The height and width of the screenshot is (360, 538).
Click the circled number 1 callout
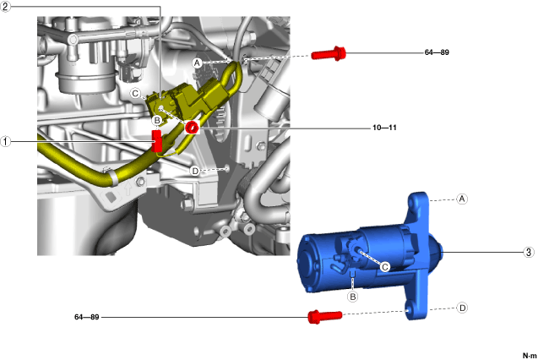coord(7,142)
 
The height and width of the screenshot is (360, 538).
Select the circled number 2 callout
coord(7,7)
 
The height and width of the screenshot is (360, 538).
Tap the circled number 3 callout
coord(529,252)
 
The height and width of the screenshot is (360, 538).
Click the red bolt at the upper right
coord(330,55)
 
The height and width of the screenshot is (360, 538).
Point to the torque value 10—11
coord(384,128)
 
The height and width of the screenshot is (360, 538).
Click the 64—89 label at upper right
coord(436,52)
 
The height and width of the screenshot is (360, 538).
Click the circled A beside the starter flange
coord(461,199)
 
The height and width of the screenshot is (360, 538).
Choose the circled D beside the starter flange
coord(462,308)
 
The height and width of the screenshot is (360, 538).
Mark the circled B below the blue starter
coord(354,297)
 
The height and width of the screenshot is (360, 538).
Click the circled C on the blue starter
coord(384,266)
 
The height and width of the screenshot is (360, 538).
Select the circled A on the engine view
coord(197,63)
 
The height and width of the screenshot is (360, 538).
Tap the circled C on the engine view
coord(136,93)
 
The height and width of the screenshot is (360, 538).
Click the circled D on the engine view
coord(195,171)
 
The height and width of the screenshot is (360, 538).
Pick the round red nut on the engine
coord(192,127)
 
